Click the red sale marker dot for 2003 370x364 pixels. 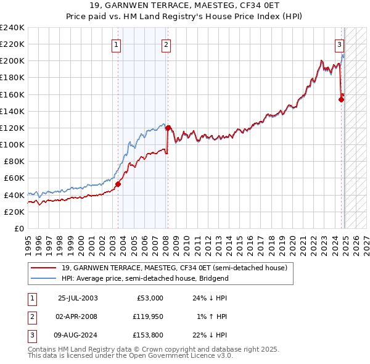(118, 183)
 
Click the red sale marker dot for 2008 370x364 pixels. (168, 128)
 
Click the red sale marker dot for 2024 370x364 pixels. (341, 99)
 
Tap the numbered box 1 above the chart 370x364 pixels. (117, 44)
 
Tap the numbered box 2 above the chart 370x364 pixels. (166, 44)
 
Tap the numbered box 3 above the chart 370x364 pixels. (340, 44)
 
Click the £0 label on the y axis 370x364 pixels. (18, 228)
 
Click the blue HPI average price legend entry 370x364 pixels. (145, 278)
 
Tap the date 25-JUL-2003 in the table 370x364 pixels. (78, 298)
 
